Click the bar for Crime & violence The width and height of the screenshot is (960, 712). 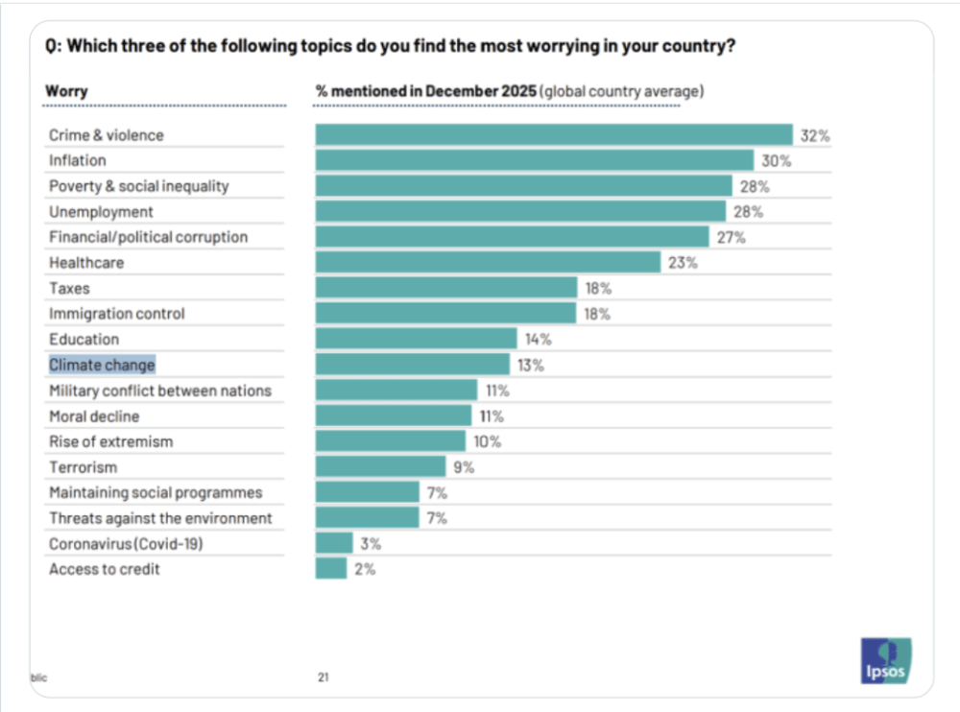tap(554, 135)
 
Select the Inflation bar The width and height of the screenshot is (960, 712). tap(535, 161)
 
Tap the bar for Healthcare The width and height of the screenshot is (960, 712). tap(488, 262)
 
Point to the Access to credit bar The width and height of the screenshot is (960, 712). tap(331, 569)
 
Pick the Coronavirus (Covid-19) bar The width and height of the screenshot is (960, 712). tap(334, 543)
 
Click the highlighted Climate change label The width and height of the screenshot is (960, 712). tap(102, 365)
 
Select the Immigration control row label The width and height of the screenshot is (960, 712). tap(117, 314)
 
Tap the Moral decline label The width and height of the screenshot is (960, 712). tap(94, 416)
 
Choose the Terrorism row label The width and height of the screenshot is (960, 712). tap(83, 467)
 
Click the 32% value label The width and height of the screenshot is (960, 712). tap(815, 136)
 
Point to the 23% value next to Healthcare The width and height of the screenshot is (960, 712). tap(683, 263)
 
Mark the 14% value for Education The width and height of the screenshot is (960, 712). tap(538, 340)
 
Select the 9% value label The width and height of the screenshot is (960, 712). tap(464, 467)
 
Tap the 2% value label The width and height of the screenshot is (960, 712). tap(364, 570)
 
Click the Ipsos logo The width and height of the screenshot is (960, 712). tap(885, 661)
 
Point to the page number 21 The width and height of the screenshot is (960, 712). tap(324, 677)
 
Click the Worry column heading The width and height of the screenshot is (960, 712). tap(66, 91)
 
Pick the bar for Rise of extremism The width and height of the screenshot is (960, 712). tap(390, 441)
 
